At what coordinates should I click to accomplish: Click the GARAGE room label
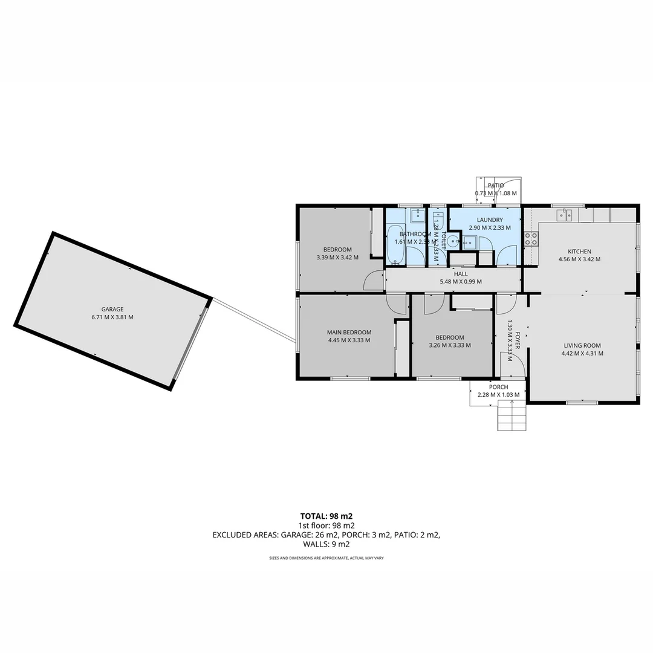(x=112, y=309)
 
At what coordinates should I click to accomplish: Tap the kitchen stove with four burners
(x=531, y=239)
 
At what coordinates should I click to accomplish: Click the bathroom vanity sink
(x=417, y=215)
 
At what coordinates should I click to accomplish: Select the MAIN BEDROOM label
(x=349, y=332)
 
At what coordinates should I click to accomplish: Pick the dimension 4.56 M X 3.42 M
(x=579, y=259)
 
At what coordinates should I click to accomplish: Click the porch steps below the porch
(x=512, y=417)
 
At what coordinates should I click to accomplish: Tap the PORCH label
(x=498, y=387)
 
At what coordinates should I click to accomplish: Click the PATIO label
(x=496, y=186)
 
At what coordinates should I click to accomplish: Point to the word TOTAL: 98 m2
(x=326, y=516)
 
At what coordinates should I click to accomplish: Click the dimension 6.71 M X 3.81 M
(x=112, y=317)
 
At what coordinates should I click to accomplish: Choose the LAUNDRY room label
(x=489, y=220)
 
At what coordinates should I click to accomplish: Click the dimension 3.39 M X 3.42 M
(x=337, y=258)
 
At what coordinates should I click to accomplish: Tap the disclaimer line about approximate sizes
(x=326, y=557)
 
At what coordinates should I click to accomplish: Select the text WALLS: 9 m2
(x=326, y=544)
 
